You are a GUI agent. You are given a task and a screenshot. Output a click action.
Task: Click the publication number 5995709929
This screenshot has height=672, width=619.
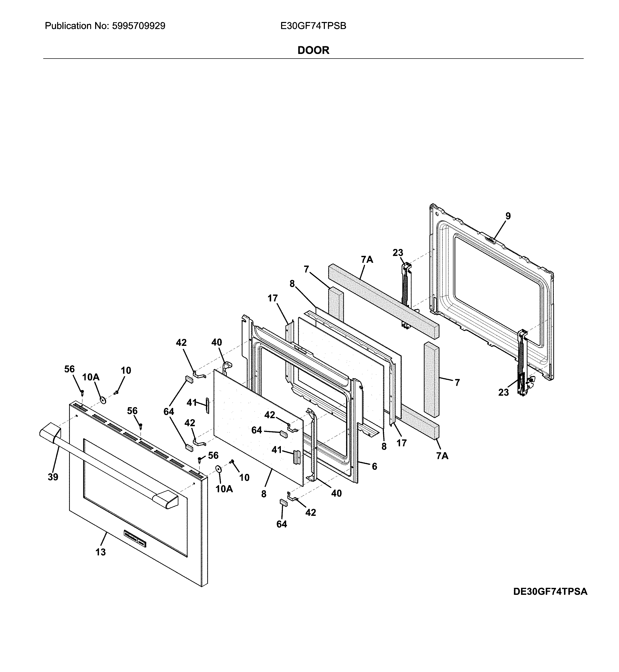coord(138,26)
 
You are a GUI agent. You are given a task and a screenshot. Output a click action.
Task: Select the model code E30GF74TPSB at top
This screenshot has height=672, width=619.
coord(313,26)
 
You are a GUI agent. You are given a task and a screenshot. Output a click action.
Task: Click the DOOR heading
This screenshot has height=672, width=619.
coord(313,50)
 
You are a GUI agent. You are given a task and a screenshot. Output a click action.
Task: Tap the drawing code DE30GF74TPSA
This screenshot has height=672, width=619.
coord(550,601)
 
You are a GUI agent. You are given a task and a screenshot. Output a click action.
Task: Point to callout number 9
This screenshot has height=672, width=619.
coord(508,216)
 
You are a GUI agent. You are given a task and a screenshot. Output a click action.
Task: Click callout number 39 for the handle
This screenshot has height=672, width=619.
coord(53,477)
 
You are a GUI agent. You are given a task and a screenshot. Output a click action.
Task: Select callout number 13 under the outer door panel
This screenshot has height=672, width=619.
coord(101,552)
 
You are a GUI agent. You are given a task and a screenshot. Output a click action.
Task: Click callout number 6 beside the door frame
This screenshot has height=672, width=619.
coord(374,466)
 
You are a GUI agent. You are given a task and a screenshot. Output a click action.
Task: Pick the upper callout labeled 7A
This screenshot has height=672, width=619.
coord(367,259)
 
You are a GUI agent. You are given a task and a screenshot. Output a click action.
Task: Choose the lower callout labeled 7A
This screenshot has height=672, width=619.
coord(442,455)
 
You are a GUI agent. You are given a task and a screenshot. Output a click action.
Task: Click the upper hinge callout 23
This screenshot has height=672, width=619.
coord(397,253)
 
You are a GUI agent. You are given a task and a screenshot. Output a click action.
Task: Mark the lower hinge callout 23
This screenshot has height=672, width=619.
coord(503,392)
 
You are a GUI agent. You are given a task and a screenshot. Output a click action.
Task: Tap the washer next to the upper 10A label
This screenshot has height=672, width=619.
coord(103,400)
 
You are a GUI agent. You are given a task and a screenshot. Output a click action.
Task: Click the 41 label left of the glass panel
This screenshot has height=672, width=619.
coord(192,403)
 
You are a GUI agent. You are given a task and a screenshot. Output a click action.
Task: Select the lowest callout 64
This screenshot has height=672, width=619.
coord(282,524)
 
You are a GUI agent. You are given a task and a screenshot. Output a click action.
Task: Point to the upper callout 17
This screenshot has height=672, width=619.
coord(273,298)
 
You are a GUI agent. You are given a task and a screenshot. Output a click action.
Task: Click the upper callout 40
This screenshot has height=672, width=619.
coord(216,342)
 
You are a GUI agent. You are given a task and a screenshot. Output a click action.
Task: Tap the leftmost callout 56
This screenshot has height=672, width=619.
coord(69,369)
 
